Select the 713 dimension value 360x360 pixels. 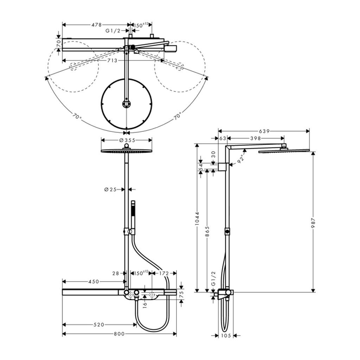[112, 60]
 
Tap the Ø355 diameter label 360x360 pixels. [127, 140]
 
